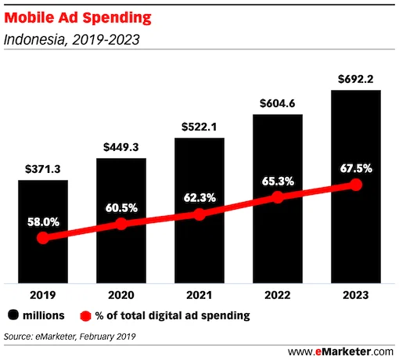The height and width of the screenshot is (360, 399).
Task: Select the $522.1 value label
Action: point(199,126)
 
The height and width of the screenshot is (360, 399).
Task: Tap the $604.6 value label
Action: point(277,103)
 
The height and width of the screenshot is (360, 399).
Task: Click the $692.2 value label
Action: point(355,78)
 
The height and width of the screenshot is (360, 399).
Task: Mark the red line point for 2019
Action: point(42,237)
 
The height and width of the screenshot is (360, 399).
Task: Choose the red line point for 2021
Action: point(199,214)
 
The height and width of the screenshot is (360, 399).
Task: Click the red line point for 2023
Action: point(355,185)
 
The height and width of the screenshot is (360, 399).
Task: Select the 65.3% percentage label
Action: point(277,181)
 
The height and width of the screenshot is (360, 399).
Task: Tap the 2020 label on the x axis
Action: point(120,297)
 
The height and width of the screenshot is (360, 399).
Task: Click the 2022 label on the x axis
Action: point(277,297)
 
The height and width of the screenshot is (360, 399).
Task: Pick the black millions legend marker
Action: point(13,316)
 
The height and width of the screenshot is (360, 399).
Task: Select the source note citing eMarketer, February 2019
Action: point(70,337)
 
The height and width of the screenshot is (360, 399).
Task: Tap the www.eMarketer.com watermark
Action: point(341,351)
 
